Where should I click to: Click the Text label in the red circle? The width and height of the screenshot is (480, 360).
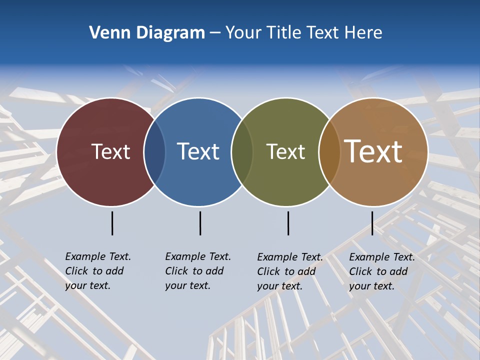(x=110, y=151)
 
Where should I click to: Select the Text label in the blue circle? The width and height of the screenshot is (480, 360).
(x=198, y=151)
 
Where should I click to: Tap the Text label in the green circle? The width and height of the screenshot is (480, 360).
(x=285, y=151)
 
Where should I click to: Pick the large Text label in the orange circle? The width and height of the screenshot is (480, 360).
(x=373, y=151)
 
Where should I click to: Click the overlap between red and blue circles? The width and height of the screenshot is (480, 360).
(x=154, y=151)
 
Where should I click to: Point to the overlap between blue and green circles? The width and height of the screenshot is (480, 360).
(x=242, y=151)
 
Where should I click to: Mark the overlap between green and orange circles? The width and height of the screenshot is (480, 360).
(x=329, y=151)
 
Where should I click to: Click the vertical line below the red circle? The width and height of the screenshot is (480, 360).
(x=112, y=223)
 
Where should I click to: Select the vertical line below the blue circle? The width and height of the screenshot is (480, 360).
(x=200, y=223)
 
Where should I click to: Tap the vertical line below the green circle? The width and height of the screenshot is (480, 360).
(x=288, y=223)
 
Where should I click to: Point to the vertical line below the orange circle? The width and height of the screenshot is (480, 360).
(x=372, y=223)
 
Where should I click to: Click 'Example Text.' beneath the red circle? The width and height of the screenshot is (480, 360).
(x=98, y=256)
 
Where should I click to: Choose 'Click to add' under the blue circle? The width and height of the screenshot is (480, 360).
(x=194, y=271)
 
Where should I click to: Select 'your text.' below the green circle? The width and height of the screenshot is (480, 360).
(x=279, y=286)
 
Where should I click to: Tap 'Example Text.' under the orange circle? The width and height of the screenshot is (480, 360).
(x=382, y=257)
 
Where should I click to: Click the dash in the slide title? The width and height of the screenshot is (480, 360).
(x=215, y=33)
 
